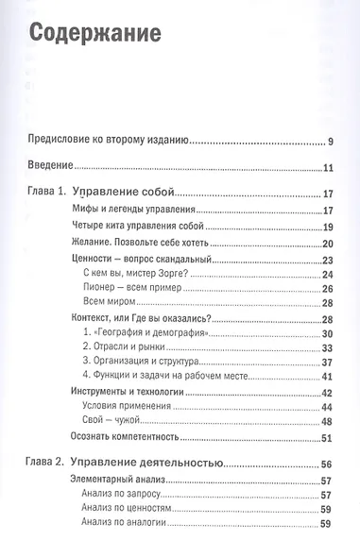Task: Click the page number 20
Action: tap(328, 243)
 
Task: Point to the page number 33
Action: tap(328, 348)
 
